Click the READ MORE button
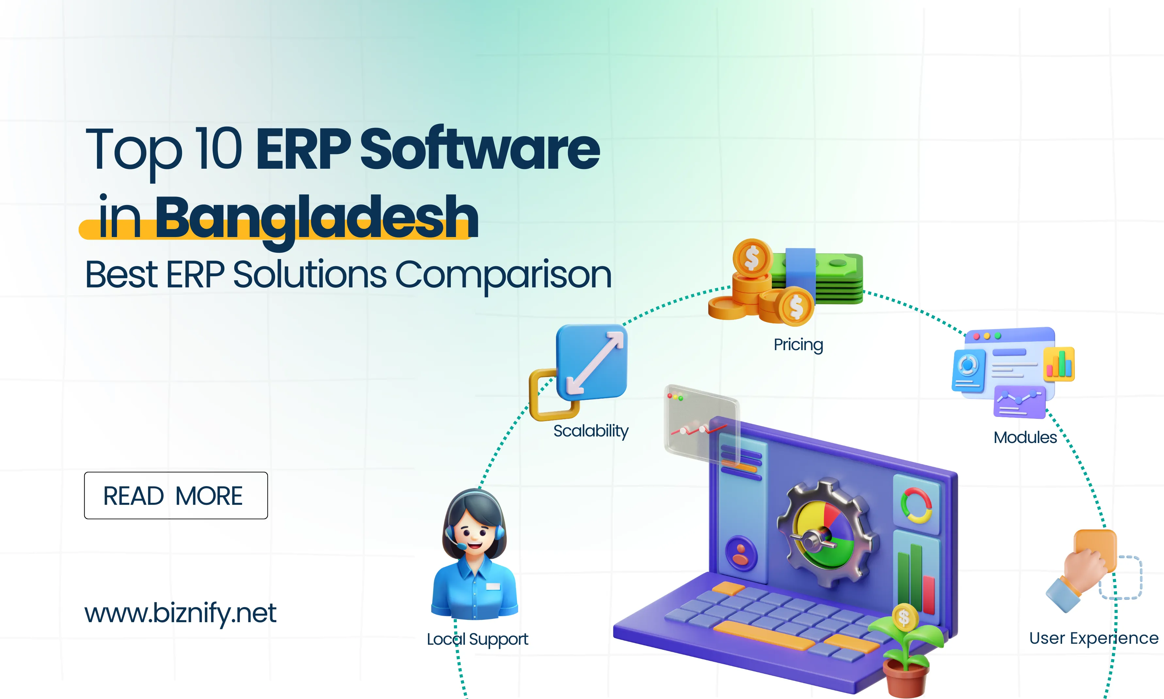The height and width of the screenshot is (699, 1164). coord(175,496)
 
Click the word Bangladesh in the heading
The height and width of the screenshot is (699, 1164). coord(316,218)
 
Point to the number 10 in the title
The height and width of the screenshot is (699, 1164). coord(219,149)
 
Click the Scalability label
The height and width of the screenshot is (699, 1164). coord(591,431)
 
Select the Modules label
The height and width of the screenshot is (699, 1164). coord(1025,437)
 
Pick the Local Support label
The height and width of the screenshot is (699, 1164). coord(477,639)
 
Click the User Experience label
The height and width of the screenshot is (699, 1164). coord(1093,638)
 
